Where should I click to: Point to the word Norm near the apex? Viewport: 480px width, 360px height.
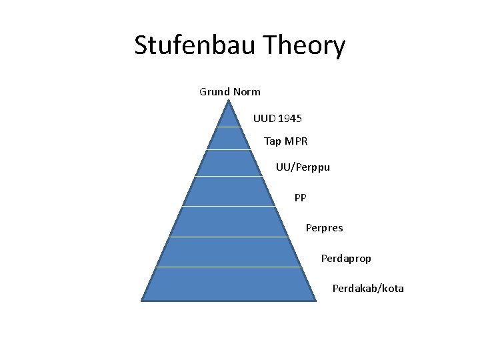point(247,91)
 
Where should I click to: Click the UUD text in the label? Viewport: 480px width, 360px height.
point(264,118)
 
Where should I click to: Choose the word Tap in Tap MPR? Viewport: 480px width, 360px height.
point(273,141)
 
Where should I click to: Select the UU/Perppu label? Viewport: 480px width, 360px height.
point(303,167)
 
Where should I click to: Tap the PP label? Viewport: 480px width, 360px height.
point(301,197)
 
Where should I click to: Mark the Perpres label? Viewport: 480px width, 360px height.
point(324,228)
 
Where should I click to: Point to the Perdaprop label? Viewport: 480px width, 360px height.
point(346,258)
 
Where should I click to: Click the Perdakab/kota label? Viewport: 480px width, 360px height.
point(368,289)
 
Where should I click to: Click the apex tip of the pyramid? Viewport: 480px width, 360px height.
point(229,101)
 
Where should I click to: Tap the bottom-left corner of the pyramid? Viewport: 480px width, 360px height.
point(142,300)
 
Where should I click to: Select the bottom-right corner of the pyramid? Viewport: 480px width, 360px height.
point(315,300)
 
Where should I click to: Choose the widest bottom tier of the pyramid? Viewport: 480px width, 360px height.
point(229,284)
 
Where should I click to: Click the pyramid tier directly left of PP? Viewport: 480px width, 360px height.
point(229,192)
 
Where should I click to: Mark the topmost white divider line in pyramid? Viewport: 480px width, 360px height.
point(229,127)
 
